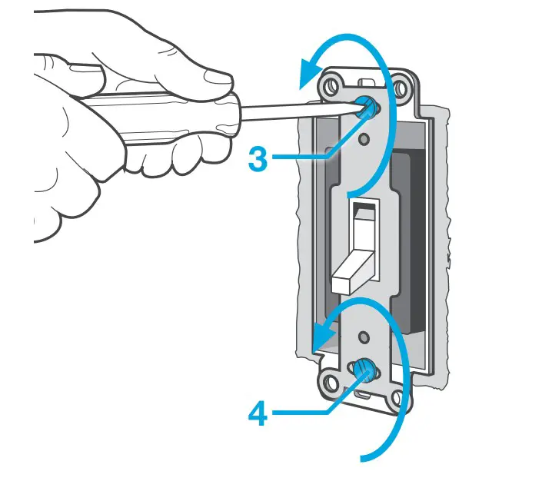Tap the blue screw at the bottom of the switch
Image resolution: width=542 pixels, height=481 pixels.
click(364, 373)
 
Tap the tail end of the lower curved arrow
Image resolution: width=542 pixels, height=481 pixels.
click(365, 460)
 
